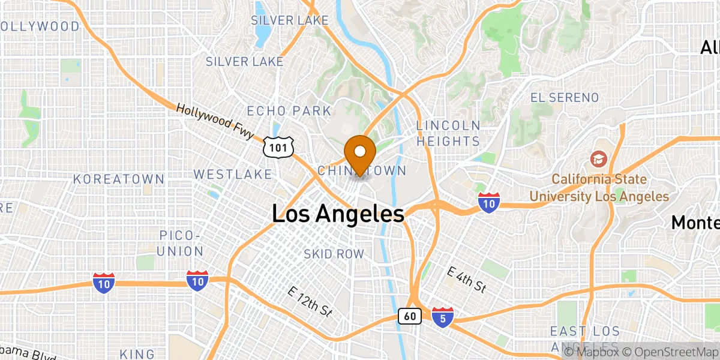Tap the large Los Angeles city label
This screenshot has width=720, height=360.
[x=338, y=214]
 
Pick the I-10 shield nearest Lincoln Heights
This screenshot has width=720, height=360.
[x=490, y=202]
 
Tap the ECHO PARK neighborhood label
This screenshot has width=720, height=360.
[x=289, y=111]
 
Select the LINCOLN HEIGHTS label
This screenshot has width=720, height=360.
[x=448, y=133]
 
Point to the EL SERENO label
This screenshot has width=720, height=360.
[x=565, y=97]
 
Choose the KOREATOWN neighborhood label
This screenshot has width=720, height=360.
[x=119, y=179]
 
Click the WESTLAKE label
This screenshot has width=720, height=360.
[x=233, y=174]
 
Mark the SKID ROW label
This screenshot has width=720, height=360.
[x=334, y=254]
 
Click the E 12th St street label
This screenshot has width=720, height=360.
[x=310, y=301]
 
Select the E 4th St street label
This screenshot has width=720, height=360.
[x=467, y=280]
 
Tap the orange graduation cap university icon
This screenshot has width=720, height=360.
[x=598, y=158]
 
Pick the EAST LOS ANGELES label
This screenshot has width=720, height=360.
[x=585, y=339]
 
